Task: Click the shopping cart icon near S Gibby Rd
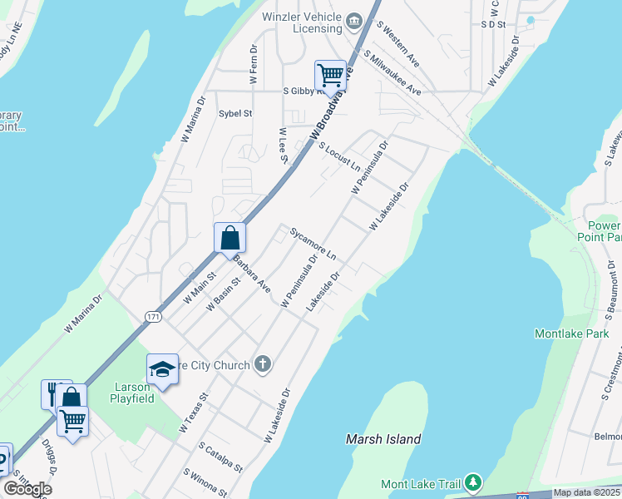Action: coord(330,75)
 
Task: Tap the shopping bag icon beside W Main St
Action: coord(230,238)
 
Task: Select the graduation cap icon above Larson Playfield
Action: coord(162,369)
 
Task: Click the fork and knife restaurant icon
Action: coord(55,393)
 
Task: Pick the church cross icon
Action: coord(263,363)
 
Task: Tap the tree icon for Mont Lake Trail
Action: coord(473,482)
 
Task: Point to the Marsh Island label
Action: coord(383,438)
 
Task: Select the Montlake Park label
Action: coord(571,333)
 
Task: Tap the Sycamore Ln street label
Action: coord(312,243)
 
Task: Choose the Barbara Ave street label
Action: coord(251,274)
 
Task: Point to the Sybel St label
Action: coord(235,113)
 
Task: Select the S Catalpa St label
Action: coord(220,457)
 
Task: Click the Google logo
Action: coord(28,488)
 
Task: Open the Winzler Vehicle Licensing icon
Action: coord(354,20)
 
